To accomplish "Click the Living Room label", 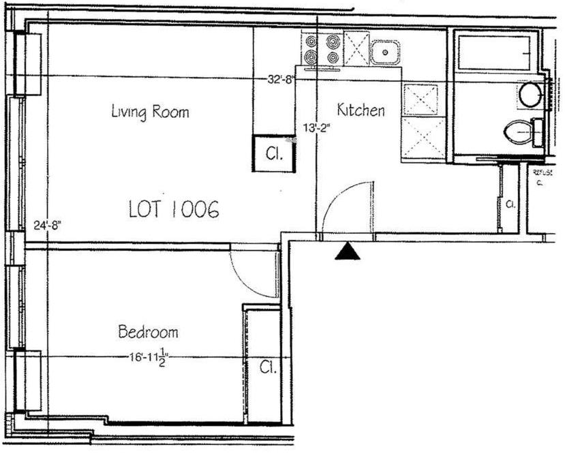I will [x=150, y=112].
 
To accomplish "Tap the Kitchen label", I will [x=361, y=110].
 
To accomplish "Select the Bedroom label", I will [x=148, y=333].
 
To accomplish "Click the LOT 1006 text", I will [x=174, y=210].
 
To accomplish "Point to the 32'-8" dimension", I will [x=280, y=78].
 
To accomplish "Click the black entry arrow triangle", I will [x=348, y=251].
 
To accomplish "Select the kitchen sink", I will [x=385, y=51].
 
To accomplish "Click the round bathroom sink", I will [x=530, y=95].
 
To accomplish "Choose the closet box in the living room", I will [x=274, y=153].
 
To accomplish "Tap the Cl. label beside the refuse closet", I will [x=509, y=203].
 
